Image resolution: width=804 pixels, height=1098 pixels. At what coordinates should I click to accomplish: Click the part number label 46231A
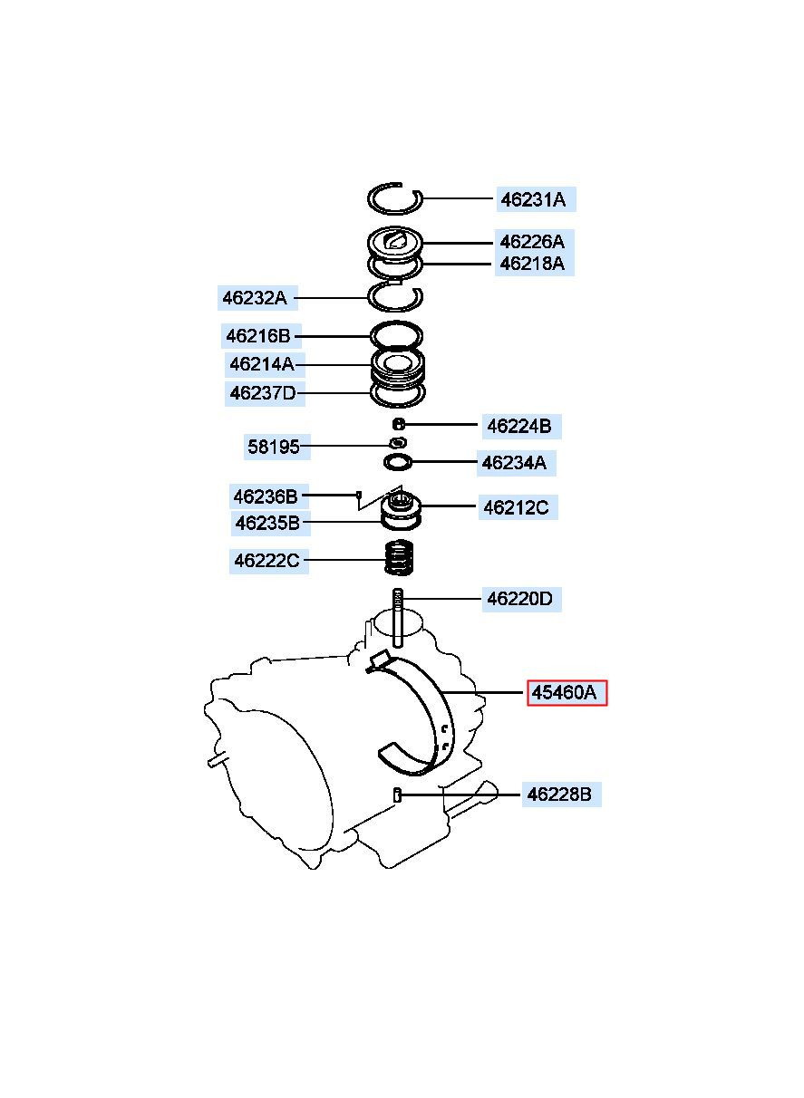pyautogui.click(x=535, y=199)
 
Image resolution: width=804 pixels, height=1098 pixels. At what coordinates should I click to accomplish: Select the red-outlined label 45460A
pyautogui.click(x=567, y=693)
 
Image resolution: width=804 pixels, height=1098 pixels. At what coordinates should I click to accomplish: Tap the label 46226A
pyautogui.click(x=534, y=242)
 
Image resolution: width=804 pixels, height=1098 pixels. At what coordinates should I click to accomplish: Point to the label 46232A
pyautogui.click(x=257, y=297)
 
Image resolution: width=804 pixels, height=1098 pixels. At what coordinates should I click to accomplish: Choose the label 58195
pyautogui.click(x=276, y=447)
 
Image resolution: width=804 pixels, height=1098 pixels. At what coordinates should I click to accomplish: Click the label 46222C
pyautogui.click(x=269, y=561)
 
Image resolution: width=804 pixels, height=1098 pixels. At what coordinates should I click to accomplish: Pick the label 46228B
pyautogui.click(x=561, y=795)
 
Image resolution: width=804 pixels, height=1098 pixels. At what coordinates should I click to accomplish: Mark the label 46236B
pyautogui.click(x=268, y=496)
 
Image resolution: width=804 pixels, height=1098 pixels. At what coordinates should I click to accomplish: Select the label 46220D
pyautogui.click(x=521, y=599)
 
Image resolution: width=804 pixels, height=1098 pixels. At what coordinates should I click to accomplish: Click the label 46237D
pyautogui.click(x=265, y=393)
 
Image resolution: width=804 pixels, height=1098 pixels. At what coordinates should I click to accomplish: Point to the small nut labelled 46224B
pyautogui.click(x=399, y=423)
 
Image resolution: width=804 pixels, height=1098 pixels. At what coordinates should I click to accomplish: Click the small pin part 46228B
pyautogui.click(x=398, y=795)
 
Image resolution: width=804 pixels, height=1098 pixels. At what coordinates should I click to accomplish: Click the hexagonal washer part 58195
pyautogui.click(x=398, y=443)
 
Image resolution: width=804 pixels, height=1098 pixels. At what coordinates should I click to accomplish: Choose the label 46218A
pyautogui.click(x=534, y=264)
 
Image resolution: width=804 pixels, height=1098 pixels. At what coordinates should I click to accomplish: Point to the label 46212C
pyautogui.click(x=518, y=507)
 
